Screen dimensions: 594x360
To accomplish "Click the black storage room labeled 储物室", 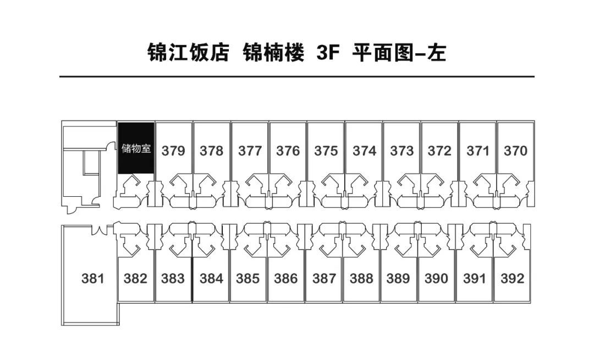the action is (136, 148).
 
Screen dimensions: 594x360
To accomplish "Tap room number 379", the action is (173, 151).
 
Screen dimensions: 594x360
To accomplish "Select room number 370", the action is (515, 151).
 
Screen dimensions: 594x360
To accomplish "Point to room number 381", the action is (93, 279).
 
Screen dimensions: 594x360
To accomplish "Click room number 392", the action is (513, 279).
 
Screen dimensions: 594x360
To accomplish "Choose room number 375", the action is (326, 151).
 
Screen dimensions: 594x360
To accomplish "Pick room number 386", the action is (286, 279).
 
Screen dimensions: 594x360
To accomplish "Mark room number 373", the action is (402, 151).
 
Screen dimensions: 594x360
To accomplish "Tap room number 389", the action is (398, 279).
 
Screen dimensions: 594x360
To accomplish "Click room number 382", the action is (135, 279).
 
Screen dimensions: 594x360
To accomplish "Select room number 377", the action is (250, 151).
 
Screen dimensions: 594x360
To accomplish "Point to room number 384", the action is (211, 279).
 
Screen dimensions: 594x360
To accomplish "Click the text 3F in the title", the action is (327, 53).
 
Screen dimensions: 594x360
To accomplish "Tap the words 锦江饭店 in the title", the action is (188, 53).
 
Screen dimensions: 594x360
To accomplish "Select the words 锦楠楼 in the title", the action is (273, 53).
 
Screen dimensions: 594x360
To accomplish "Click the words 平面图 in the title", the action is (383, 53).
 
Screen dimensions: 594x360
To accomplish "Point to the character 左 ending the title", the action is (436, 53).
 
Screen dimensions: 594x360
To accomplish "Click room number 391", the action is (475, 279).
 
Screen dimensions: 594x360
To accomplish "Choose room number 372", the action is (440, 151).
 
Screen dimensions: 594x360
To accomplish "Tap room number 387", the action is (324, 279).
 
